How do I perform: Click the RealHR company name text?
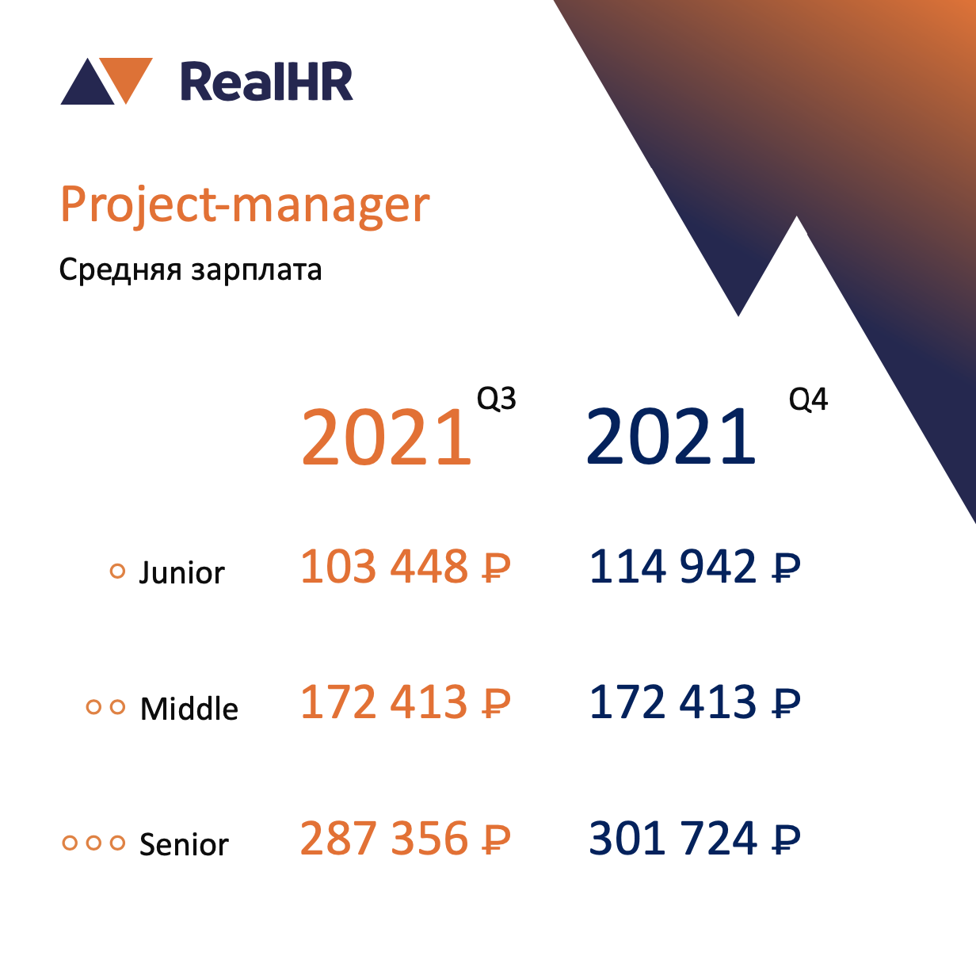[x=266, y=82]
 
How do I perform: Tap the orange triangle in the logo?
[x=126, y=77]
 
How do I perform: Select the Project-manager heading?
[x=245, y=205]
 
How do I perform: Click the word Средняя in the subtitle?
[x=120, y=270]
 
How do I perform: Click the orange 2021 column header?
[x=387, y=437]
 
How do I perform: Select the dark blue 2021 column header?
[x=671, y=437]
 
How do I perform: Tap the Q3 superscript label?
[x=497, y=398]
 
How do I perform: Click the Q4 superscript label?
[x=808, y=399]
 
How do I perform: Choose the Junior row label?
[x=182, y=572]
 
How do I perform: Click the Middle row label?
[x=189, y=709]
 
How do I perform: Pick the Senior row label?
[x=184, y=844]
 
